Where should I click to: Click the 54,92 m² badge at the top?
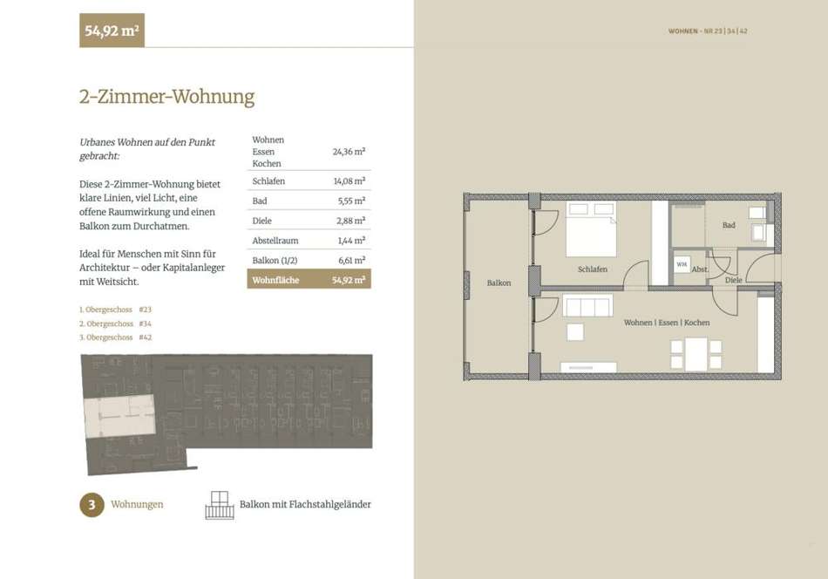tap(112, 31)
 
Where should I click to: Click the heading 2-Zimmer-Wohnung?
tap(166, 97)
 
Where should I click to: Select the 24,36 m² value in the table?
tap(349, 152)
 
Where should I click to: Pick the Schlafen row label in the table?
tap(268, 181)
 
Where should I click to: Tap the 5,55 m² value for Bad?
tap(352, 201)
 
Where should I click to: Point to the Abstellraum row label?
tap(275, 241)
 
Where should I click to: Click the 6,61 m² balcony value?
tap(352, 261)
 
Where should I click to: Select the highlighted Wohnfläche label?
tap(275, 280)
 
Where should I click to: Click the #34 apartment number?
tap(146, 324)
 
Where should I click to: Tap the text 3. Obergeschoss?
tap(106, 337)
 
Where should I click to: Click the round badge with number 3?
tap(92, 505)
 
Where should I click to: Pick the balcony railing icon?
tap(220, 506)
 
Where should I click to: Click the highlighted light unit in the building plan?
tap(120, 416)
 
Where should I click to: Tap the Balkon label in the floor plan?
tap(499, 283)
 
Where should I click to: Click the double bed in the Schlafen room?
tap(591, 228)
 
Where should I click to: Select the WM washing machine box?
tap(682, 264)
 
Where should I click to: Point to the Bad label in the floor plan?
tap(729, 225)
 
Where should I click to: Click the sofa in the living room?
tap(587, 306)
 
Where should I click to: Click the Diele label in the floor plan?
tap(734, 280)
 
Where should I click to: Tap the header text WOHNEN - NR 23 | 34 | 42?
tap(708, 31)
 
